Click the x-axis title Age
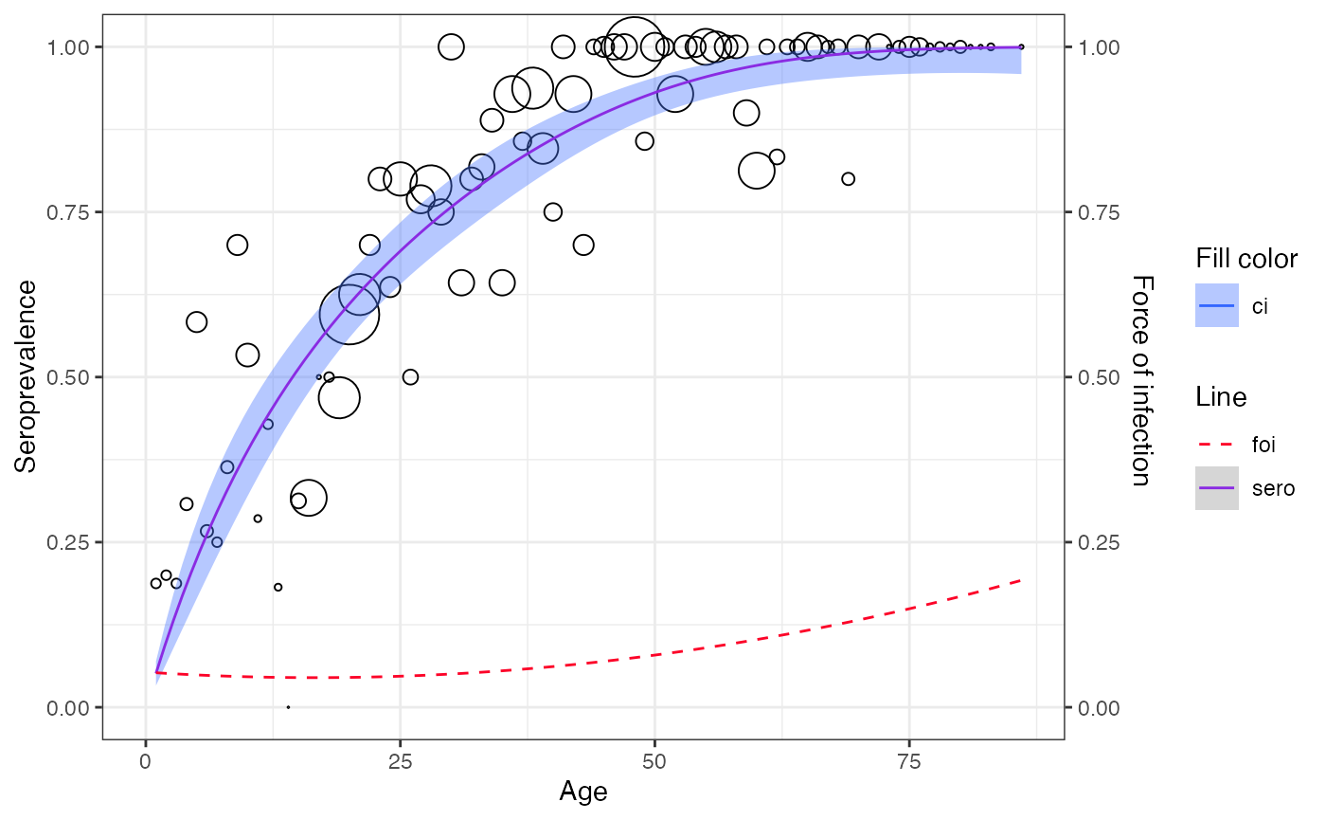[x=582, y=792]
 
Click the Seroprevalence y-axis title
[x=26, y=376]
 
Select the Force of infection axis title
[x=1142, y=380]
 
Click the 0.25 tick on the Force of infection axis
[x=1097, y=542]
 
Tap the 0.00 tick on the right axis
[x=1097, y=707]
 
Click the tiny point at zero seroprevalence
[x=288, y=707]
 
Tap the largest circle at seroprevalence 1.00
[x=634, y=46]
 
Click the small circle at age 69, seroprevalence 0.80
[x=848, y=179]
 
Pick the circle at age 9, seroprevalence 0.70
[x=237, y=246]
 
